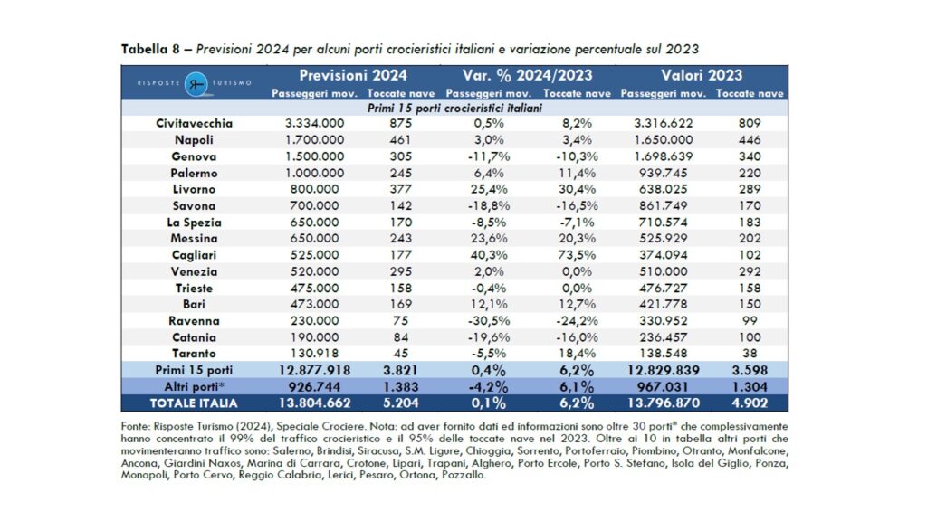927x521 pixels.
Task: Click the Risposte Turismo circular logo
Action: pos(196,84)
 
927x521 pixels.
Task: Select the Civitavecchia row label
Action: pos(194,123)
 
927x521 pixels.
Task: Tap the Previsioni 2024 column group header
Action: pos(353,76)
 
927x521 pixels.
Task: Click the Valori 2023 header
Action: pos(702,76)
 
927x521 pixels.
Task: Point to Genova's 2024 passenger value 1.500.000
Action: pos(314,156)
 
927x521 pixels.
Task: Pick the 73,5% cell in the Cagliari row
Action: pos(577,255)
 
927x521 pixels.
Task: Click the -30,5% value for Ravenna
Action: pos(488,321)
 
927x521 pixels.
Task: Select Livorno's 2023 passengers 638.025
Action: pos(663,190)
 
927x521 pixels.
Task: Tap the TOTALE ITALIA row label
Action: pos(194,403)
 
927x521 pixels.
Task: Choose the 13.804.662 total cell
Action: pos(314,403)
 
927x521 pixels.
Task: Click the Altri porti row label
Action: pos(194,387)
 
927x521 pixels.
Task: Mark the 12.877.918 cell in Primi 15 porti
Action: pos(314,370)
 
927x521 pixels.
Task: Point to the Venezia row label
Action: pos(194,271)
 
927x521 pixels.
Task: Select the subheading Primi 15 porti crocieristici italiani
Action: pos(454,109)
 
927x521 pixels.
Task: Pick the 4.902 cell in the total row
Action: pos(749,403)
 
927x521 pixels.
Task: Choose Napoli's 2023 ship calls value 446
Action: pos(749,140)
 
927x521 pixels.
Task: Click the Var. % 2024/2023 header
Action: pos(527,76)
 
